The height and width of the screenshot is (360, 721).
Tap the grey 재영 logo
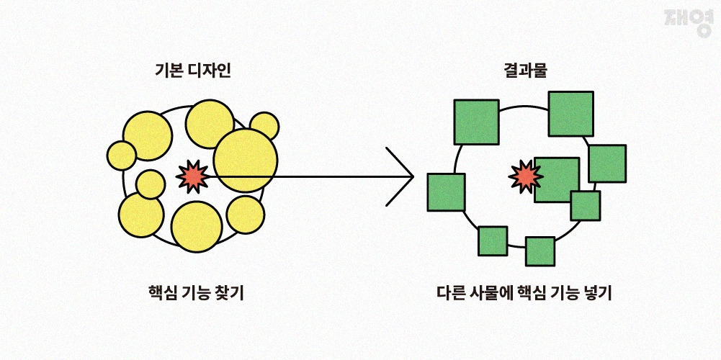click(x=689, y=23)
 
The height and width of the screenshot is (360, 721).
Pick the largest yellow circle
click(x=246, y=161)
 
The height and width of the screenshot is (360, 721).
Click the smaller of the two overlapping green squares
click(x=585, y=205)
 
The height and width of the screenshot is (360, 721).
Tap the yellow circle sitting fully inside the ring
click(x=151, y=184)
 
